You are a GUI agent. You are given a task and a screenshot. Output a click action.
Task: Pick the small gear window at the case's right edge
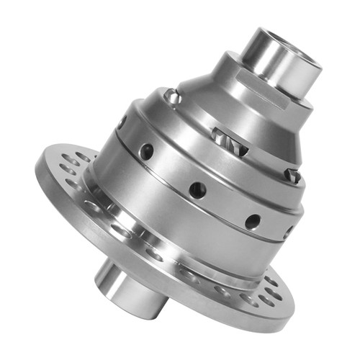coord(291,174)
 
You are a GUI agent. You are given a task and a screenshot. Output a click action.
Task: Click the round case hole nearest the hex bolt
coord(147,150)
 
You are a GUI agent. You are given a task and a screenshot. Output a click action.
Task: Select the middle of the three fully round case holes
coord(197,189)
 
